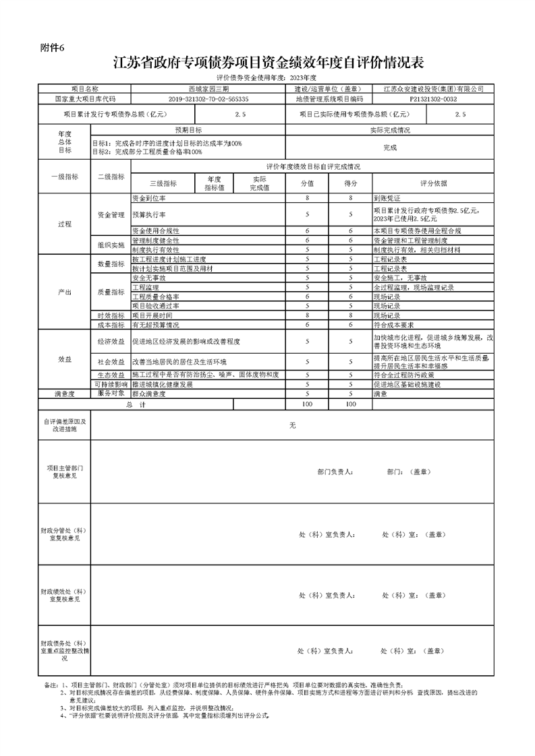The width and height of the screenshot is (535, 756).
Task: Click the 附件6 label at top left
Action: (x=51, y=46)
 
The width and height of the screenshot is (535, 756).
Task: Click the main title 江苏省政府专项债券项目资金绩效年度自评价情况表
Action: (x=268, y=64)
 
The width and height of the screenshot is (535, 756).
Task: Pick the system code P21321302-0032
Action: (x=432, y=98)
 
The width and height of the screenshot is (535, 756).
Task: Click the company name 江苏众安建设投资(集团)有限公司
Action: (x=432, y=89)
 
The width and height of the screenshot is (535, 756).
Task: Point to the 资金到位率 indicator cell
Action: (x=150, y=199)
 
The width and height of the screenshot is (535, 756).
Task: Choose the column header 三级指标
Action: (x=163, y=183)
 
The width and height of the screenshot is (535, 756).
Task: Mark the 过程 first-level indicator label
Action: (x=65, y=224)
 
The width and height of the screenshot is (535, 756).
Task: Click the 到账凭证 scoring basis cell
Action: (x=387, y=199)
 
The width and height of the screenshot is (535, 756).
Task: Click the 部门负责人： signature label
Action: (x=335, y=472)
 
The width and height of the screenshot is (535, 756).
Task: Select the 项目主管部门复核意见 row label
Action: (x=65, y=471)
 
